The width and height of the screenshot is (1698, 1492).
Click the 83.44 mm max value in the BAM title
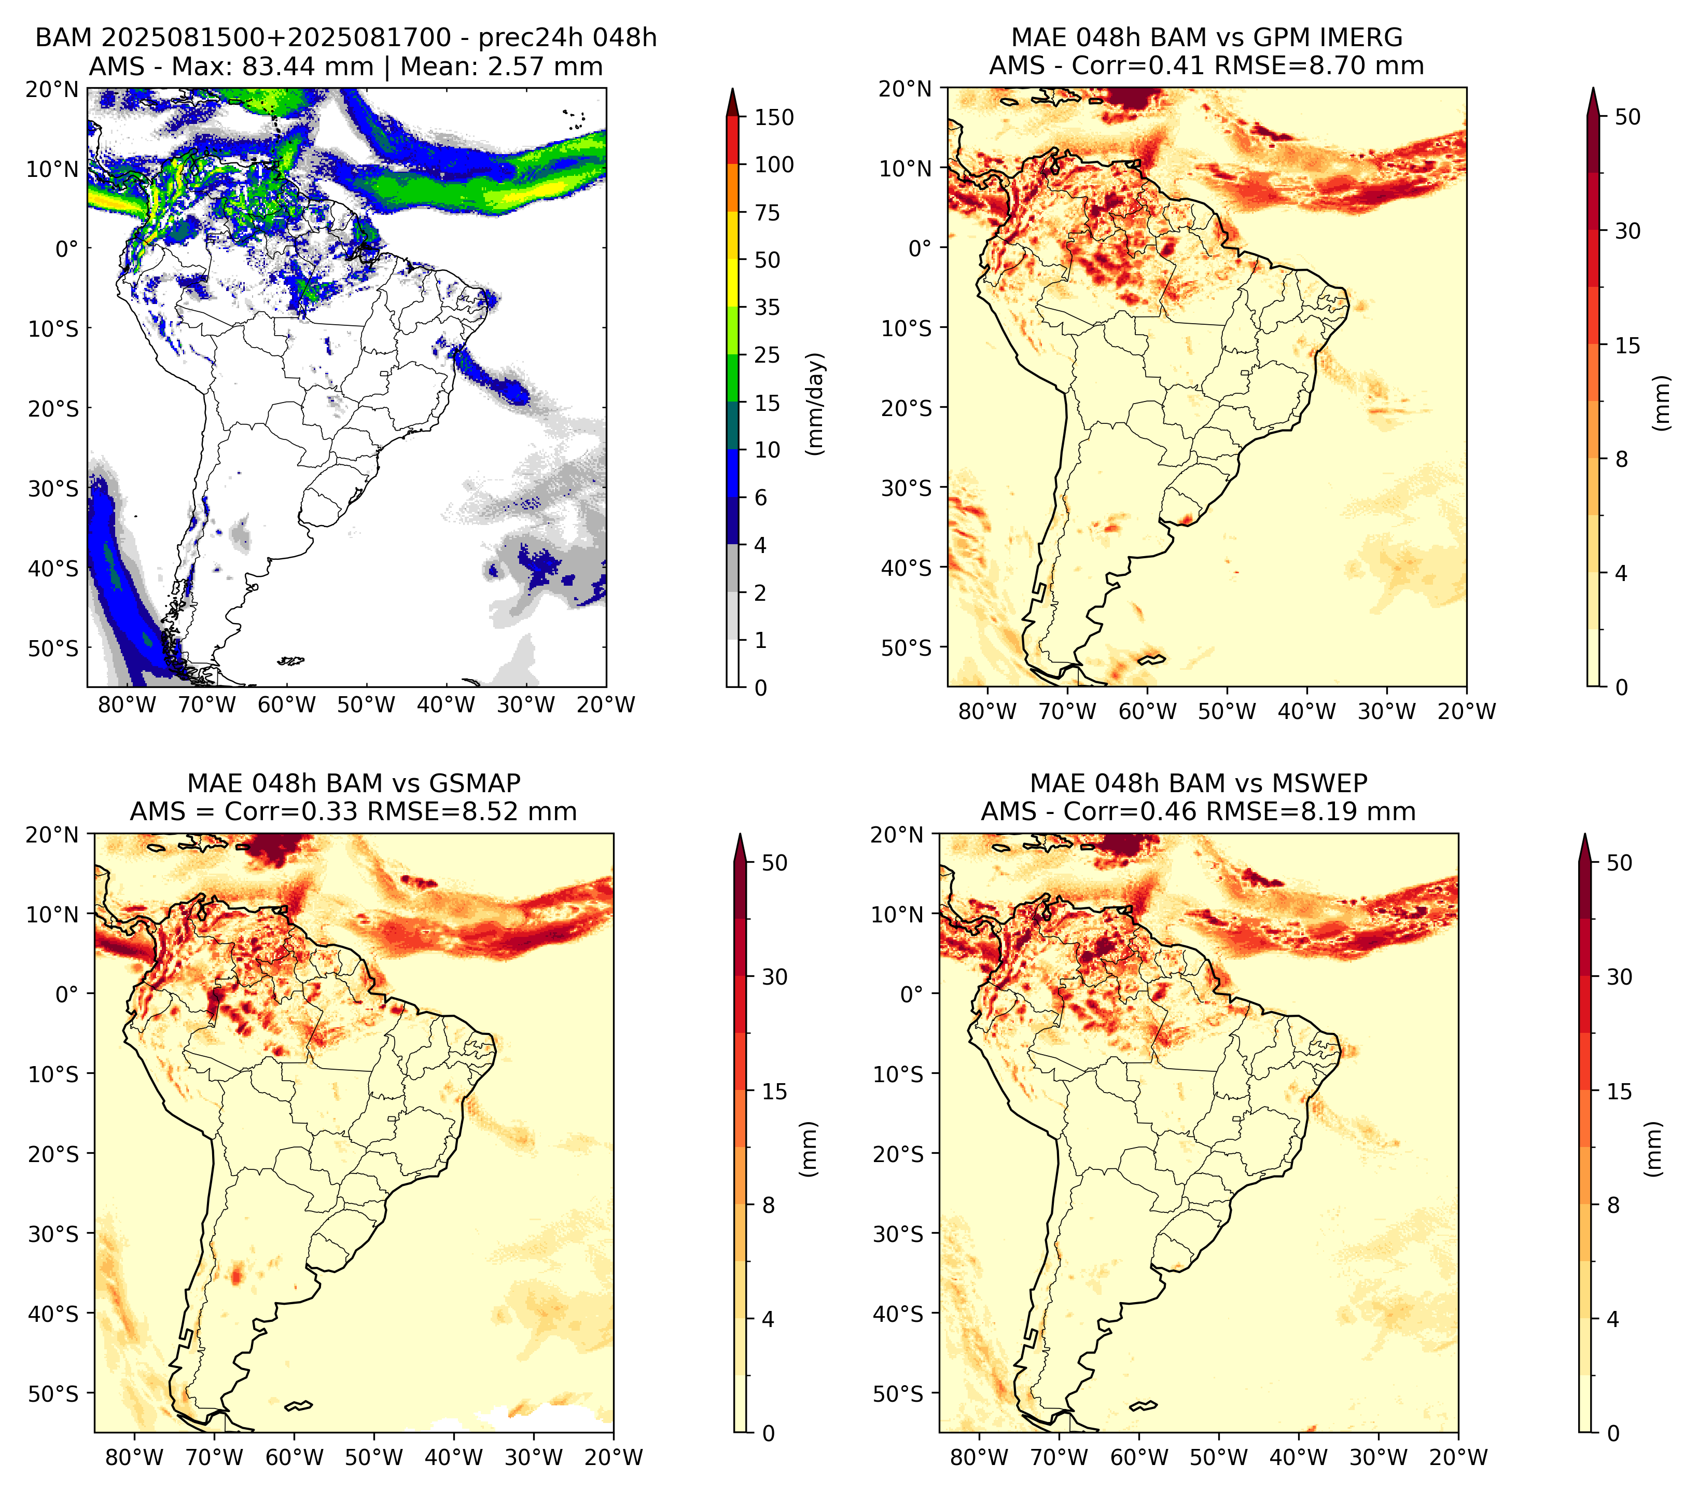tap(308, 66)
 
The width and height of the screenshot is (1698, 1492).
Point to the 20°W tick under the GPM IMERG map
tap(1466, 712)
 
